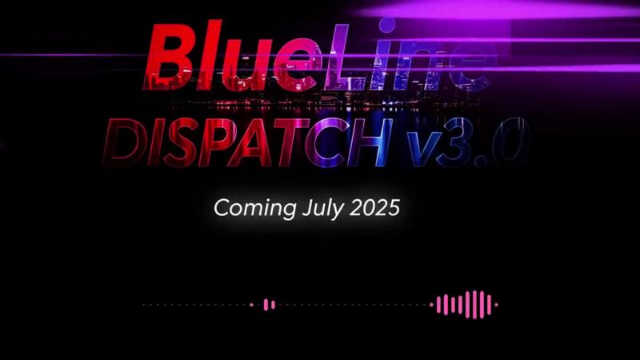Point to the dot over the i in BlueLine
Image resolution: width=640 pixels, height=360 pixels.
(386, 25)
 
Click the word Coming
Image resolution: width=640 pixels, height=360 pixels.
(254, 208)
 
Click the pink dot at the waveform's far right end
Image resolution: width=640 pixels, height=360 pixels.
(496, 305)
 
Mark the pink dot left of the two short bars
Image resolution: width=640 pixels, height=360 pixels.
(251, 305)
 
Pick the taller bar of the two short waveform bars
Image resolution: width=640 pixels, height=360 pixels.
(266, 305)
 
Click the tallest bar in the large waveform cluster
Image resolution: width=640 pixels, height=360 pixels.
(474, 305)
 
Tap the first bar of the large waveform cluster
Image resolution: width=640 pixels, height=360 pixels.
(438, 305)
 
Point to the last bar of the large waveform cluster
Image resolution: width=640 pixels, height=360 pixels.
(489, 305)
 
